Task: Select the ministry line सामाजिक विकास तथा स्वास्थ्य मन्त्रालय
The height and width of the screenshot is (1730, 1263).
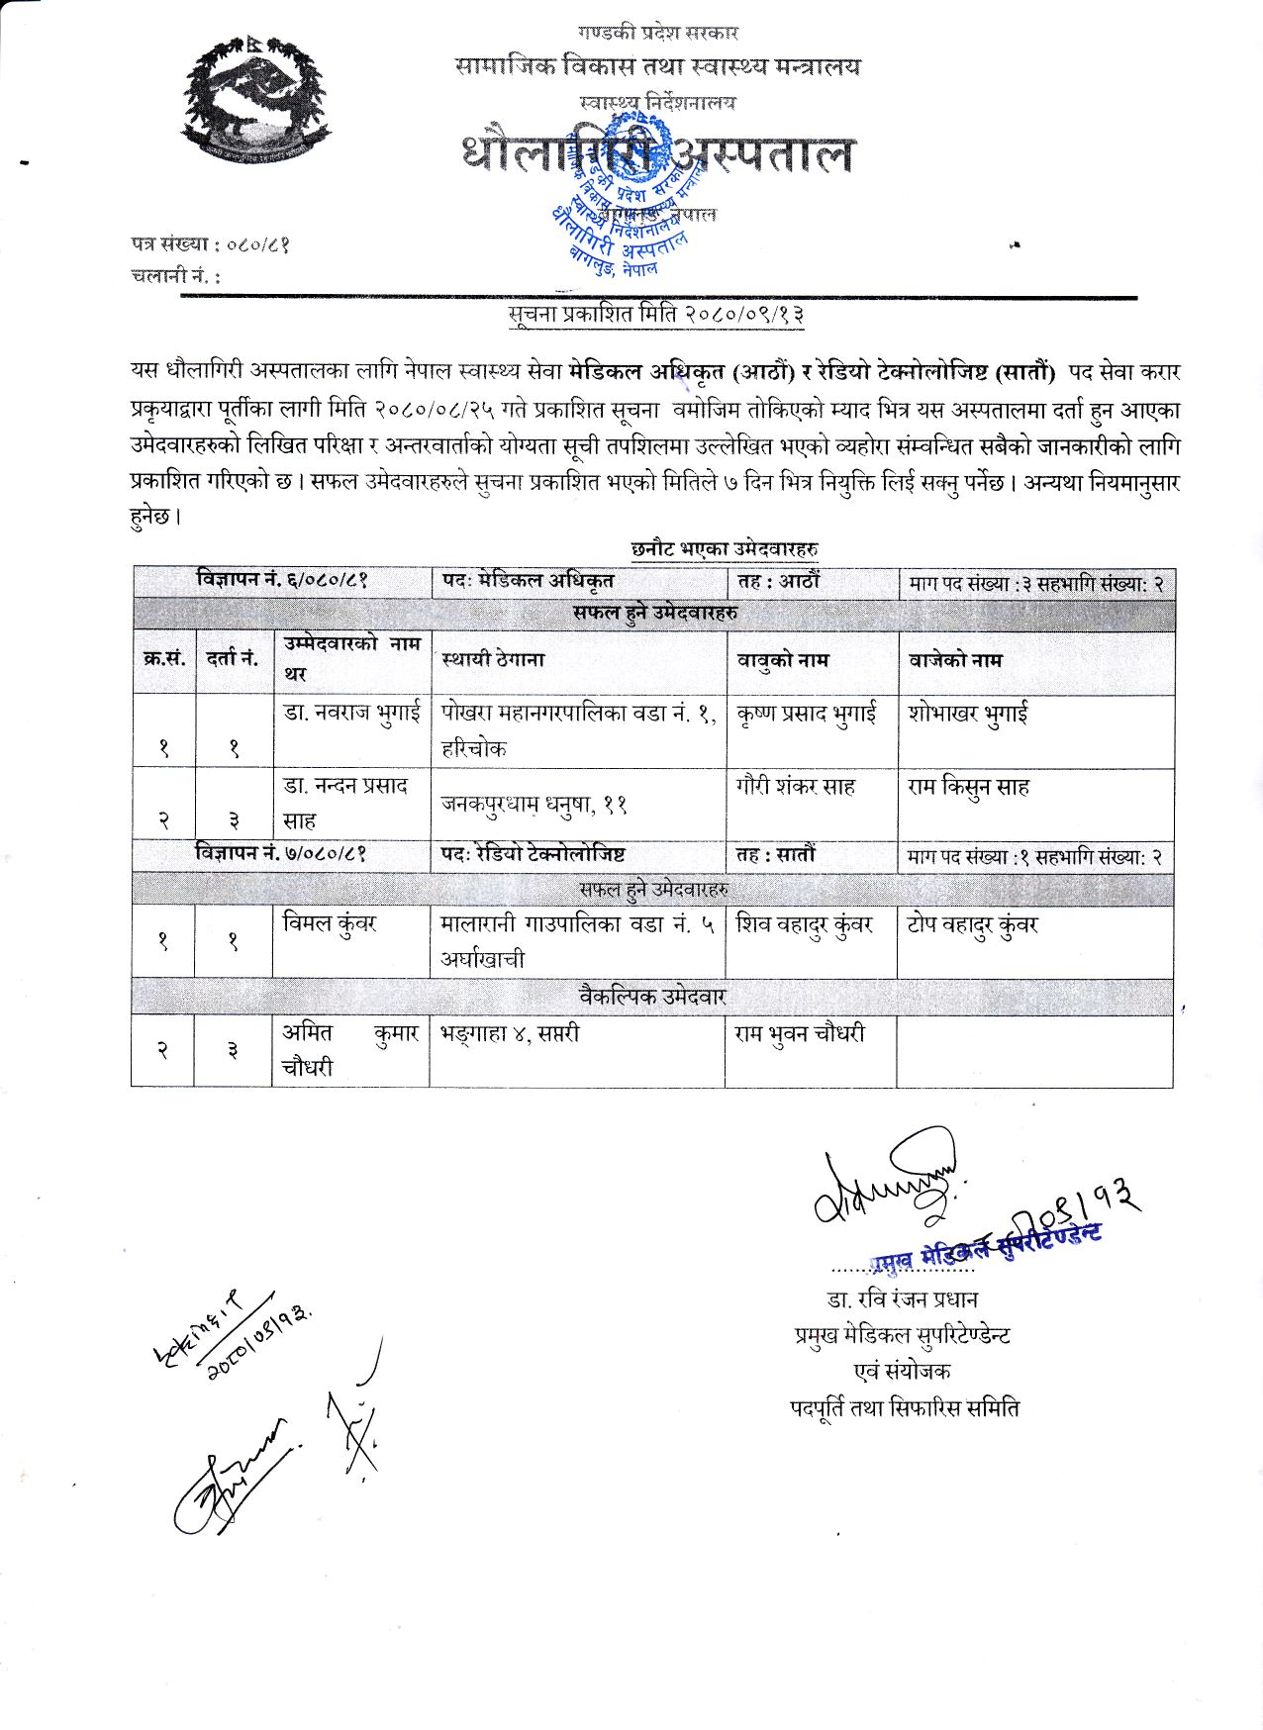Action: point(658,66)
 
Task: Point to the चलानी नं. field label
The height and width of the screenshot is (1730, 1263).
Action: point(176,276)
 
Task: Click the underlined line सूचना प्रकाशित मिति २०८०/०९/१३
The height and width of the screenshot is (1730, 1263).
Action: point(656,315)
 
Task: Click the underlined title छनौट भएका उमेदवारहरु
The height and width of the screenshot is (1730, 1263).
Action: point(724,548)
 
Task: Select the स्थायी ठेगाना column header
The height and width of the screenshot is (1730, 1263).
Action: point(493,659)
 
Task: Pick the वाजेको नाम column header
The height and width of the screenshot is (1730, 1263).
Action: point(955,660)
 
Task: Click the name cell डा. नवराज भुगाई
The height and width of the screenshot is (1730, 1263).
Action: point(351,713)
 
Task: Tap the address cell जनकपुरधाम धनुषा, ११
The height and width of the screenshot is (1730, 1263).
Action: point(534,805)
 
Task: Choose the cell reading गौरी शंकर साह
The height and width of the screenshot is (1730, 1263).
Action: point(796,788)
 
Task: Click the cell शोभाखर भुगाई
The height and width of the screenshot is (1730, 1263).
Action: point(967,714)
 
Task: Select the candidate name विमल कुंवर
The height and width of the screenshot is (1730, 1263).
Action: point(330,924)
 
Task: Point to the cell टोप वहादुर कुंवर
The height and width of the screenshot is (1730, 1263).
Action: point(972,925)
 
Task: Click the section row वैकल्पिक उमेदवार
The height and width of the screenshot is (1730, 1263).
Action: point(652,996)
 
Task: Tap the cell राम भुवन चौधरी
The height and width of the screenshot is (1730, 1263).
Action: point(800,1033)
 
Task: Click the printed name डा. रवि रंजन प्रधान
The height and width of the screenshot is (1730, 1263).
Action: point(902,1298)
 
